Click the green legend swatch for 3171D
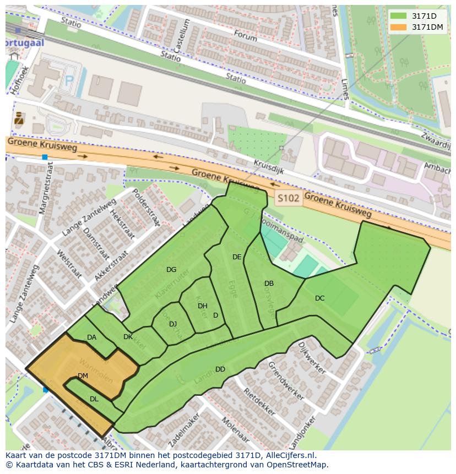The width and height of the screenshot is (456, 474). pos(399,16)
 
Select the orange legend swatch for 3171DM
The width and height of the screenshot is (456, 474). pos(399,27)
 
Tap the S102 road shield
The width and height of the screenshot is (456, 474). pos(289,198)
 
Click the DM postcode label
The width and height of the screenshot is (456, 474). pos(83,376)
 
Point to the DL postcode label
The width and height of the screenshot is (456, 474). pos(94,399)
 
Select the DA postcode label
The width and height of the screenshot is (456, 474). pos(91,337)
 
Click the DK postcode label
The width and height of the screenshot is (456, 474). pos(128,337)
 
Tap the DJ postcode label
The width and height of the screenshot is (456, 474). pos(173,324)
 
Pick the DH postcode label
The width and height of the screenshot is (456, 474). pos(203,306)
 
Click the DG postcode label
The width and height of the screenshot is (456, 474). pos(171,270)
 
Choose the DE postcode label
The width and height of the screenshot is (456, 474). pos(237,257)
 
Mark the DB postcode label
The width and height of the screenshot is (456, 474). pos(269,284)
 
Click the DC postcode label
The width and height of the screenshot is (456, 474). pos(319,298)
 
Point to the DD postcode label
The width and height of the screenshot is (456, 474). pos(220,369)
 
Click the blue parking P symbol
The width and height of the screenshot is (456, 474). pos(69,80)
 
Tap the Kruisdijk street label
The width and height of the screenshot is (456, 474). pos(268,167)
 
